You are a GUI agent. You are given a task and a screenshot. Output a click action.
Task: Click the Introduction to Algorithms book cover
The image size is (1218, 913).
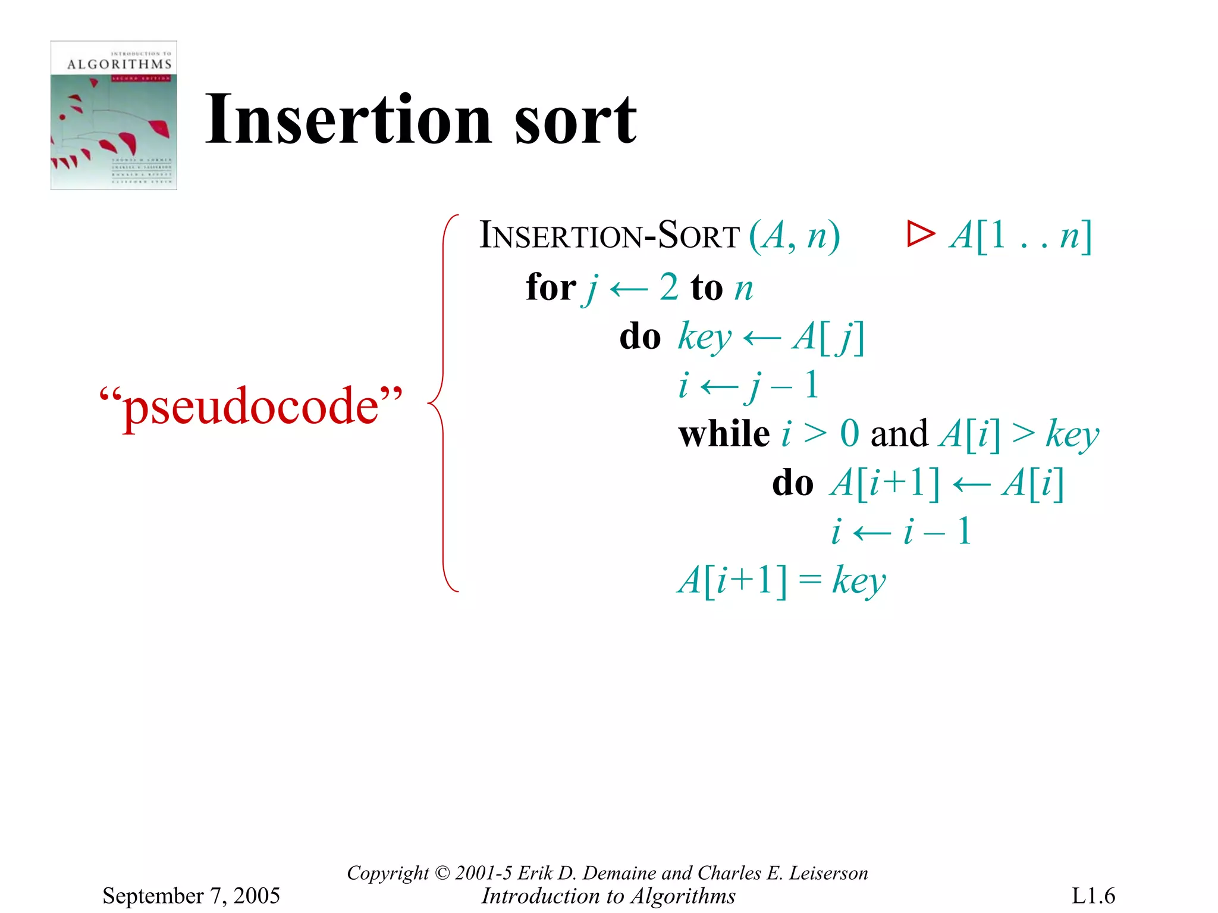click(114, 115)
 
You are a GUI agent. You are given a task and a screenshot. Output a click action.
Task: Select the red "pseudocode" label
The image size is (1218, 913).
click(251, 406)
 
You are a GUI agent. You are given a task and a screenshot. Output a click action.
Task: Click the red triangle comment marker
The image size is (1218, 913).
click(920, 234)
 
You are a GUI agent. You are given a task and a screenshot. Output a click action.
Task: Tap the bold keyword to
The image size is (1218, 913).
click(707, 288)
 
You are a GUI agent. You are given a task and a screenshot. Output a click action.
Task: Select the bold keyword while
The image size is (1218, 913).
click(724, 433)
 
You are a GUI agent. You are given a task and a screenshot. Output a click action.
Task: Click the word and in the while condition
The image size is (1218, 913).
click(899, 433)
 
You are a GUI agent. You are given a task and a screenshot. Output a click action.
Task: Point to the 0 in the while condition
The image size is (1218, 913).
click(849, 433)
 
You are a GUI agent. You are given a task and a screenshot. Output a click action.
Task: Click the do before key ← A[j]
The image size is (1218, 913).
click(640, 337)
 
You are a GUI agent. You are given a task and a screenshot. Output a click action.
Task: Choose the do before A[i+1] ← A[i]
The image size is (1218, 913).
click(793, 483)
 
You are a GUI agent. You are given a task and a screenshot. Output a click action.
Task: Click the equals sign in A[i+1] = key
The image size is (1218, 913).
click(810, 579)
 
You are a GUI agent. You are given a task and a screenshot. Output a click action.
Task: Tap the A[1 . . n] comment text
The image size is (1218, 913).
click(1021, 235)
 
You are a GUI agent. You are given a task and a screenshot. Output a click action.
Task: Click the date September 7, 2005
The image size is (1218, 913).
click(191, 895)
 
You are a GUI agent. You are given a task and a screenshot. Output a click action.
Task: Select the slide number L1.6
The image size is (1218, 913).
click(1093, 895)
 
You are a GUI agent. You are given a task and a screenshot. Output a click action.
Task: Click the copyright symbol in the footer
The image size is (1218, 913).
click(442, 873)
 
